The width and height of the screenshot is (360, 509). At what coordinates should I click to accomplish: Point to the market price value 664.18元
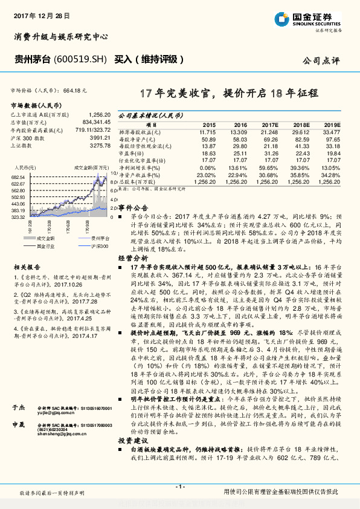tap(75, 89)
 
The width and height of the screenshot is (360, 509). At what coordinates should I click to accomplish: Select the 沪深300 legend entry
tap(99, 246)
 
